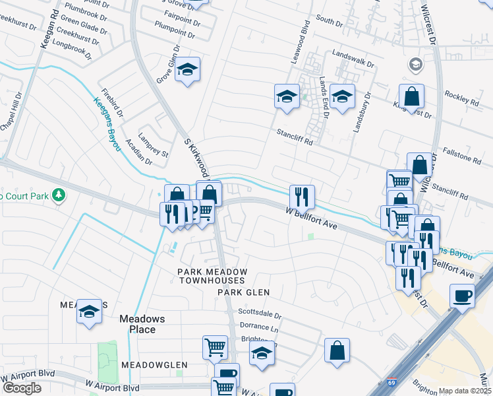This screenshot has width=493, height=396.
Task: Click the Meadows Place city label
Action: [x=137, y=323]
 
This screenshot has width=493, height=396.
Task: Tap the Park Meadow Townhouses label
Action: [x=212, y=276]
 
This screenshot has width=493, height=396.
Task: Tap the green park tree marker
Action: [x=59, y=195]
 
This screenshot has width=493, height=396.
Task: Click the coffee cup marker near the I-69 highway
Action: [x=462, y=296]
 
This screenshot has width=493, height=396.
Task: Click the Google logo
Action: [x=22, y=388]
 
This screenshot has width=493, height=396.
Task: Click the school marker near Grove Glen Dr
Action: [x=188, y=70]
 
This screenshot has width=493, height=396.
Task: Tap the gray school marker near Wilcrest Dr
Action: [x=416, y=65]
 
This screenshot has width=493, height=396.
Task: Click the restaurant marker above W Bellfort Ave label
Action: [x=302, y=196]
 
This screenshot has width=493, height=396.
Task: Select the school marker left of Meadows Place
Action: [x=90, y=312]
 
